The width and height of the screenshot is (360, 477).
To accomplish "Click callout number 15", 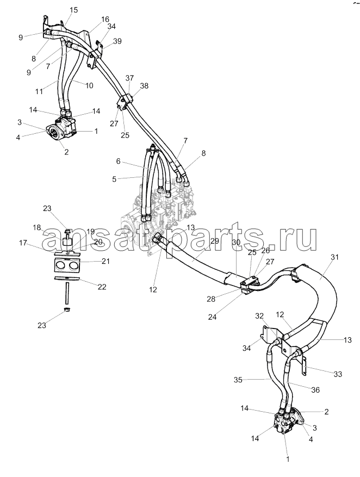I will (74, 10).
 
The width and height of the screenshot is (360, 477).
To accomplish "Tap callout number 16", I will (104, 18).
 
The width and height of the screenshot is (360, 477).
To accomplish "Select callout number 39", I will (117, 41).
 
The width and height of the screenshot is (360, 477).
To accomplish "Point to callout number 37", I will (129, 78).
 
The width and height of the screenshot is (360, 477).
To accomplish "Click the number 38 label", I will (144, 86).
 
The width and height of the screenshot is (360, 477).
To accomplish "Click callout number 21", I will (106, 262).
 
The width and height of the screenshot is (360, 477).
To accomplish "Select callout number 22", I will (102, 287).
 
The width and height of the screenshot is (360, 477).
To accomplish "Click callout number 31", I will (334, 257).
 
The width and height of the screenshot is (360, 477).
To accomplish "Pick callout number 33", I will (338, 374).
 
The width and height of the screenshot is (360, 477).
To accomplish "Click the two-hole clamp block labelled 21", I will (67, 266).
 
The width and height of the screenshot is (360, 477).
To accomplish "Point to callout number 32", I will (260, 315).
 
